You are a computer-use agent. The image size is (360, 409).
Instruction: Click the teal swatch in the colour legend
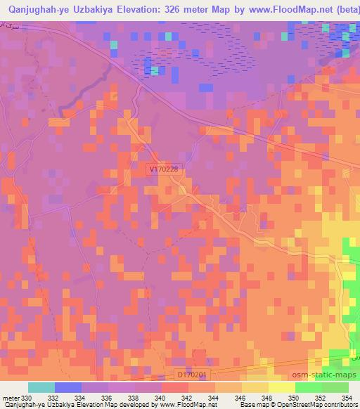(41, 387)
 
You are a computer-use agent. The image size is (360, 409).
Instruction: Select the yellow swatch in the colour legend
(281, 387)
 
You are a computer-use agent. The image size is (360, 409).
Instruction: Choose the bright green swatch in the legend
(308, 387)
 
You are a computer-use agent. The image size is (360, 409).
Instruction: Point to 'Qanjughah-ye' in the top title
(32, 10)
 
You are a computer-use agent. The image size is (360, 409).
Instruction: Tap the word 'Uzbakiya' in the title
(88, 10)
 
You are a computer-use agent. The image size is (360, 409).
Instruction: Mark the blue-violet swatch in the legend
(68, 387)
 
